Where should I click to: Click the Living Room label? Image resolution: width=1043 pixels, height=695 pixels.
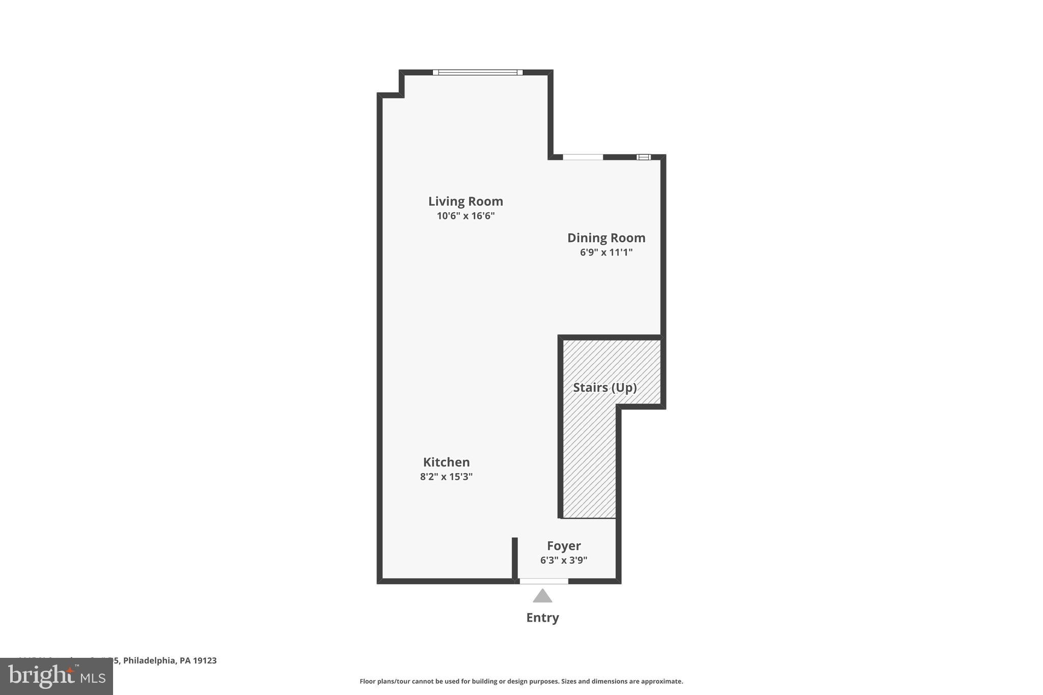pos(465,201)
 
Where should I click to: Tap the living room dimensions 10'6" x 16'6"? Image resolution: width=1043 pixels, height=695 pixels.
pos(465,216)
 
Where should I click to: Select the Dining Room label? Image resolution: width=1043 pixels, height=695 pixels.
pos(606,238)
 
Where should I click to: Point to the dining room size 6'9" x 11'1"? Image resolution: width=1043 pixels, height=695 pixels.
pos(606,252)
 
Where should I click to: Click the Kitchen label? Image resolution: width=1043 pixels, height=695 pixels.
pos(446,462)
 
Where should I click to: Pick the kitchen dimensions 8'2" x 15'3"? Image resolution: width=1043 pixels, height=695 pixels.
pos(446,477)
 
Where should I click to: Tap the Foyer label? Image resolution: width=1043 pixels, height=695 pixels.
pos(564,546)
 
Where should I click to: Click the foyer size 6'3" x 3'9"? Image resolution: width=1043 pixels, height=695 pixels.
pos(564,561)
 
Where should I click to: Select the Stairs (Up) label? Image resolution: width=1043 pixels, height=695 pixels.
pos(605,387)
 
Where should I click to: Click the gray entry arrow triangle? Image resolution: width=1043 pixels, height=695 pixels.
pos(542,596)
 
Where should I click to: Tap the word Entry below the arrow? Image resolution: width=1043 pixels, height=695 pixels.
pos(542,618)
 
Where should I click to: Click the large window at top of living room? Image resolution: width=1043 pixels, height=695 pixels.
pos(478,72)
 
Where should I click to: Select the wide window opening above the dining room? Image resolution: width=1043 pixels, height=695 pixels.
pos(583,157)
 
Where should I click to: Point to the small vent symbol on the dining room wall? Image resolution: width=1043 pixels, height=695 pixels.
pos(644,157)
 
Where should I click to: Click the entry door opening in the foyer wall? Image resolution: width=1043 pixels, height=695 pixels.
pos(543,581)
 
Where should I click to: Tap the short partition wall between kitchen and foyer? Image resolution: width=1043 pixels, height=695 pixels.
pos(515,558)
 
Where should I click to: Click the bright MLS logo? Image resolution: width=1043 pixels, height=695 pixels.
pos(57,677)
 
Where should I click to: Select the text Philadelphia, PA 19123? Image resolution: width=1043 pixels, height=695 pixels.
pos(170,660)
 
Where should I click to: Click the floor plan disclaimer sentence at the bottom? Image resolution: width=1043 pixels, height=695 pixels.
pos(521,681)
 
